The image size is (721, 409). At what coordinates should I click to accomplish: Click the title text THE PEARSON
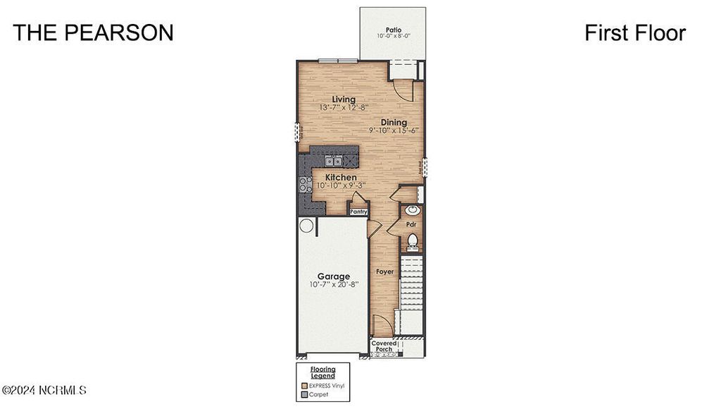(x=93, y=32)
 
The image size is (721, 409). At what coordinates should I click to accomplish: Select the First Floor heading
(x=634, y=32)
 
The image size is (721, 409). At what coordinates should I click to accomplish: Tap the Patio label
(x=393, y=30)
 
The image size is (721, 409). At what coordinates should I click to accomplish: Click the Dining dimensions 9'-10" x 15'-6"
(x=394, y=130)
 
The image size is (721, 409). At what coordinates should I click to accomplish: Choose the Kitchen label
(x=340, y=177)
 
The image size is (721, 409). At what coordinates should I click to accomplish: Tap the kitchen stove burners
(x=306, y=184)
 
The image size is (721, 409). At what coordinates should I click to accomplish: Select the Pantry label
(x=359, y=211)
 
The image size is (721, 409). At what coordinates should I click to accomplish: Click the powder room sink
(x=412, y=210)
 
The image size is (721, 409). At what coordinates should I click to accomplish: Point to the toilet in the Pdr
(x=413, y=242)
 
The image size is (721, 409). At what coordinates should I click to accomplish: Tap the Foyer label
(x=384, y=271)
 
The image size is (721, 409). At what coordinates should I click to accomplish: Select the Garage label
(x=333, y=276)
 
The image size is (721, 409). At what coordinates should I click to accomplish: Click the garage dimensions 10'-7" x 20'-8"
(x=333, y=285)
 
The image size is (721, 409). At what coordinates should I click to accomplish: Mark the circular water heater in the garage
(x=306, y=226)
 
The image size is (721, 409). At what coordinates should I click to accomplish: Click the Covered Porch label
(x=384, y=346)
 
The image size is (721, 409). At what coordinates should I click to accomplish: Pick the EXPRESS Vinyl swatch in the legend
(x=304, y=386)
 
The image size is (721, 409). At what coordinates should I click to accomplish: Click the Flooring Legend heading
(x=323, y=372)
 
